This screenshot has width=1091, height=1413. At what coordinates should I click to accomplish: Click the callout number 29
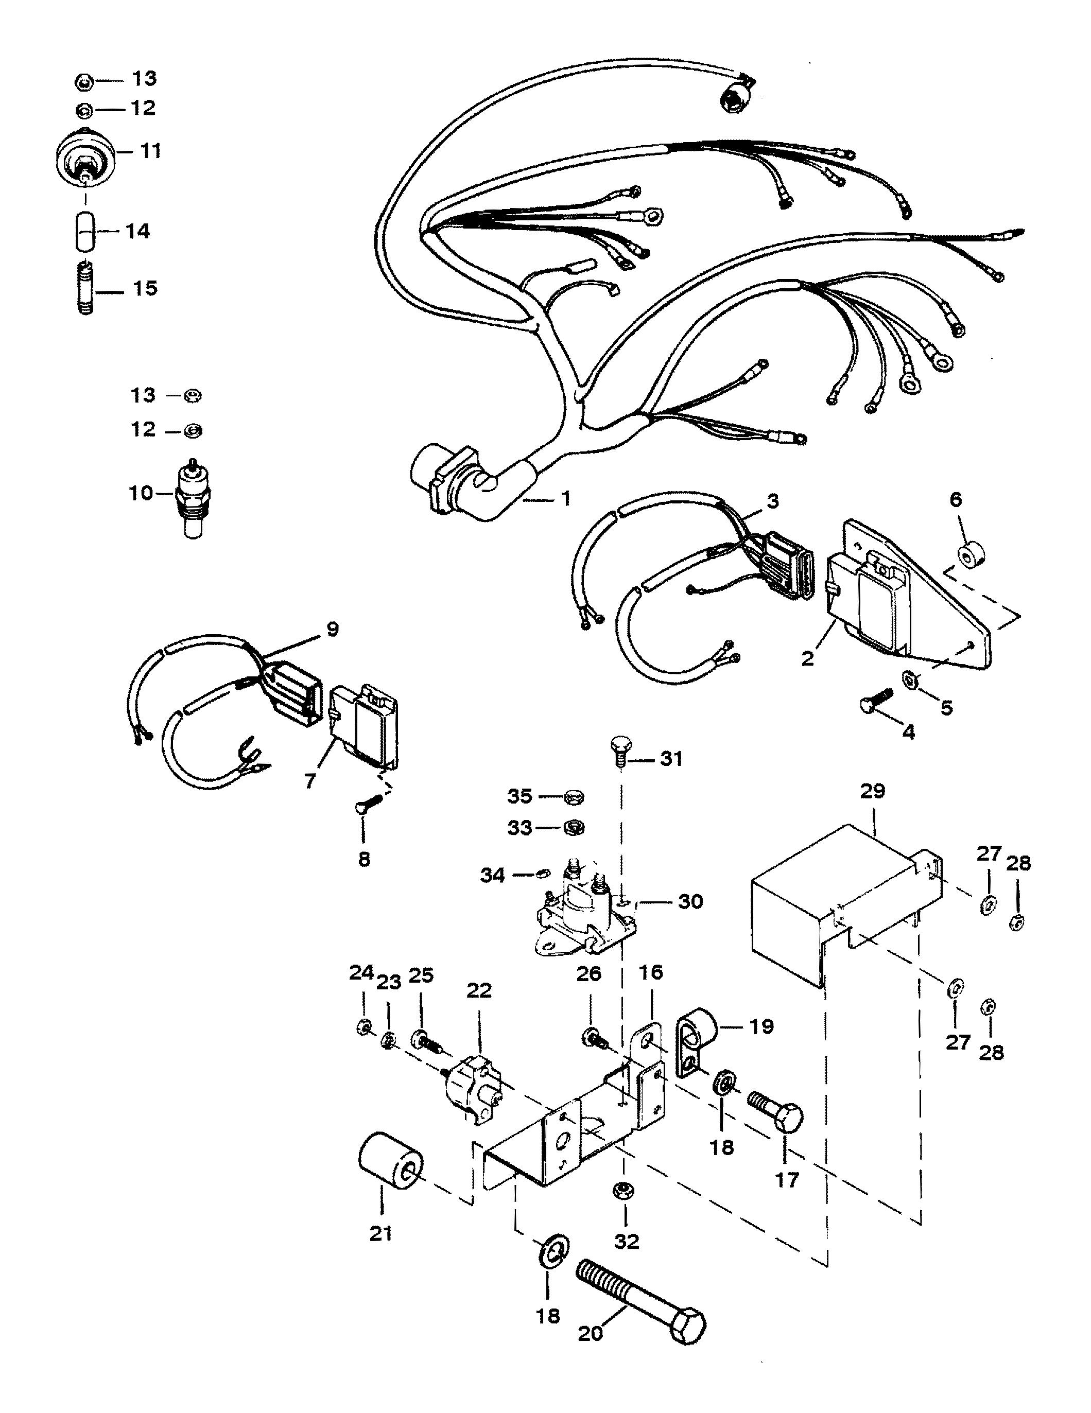tap(872, 791)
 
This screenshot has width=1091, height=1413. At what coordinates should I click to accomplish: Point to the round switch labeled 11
tap(86, 158)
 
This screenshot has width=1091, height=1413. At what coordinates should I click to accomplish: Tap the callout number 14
tap(136, 231)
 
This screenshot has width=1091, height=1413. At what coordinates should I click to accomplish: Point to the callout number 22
tap(479, 990)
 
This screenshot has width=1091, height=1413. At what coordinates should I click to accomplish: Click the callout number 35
tap(519, 796)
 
